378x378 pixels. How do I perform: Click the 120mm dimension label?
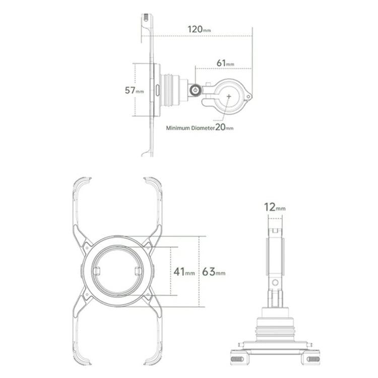coord(199,29)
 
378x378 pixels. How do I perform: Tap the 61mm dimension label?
coord(225,63)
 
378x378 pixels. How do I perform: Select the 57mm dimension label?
coord(134,90)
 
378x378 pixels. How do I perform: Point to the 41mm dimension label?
coord(184,272)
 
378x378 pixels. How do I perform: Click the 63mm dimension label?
coord(214,272)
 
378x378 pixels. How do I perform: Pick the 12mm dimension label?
coord(275,207)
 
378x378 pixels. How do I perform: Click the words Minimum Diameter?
coord(190,128)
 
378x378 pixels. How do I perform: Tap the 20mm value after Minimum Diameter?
coord(224,127)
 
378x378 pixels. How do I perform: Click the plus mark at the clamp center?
coord(228,96)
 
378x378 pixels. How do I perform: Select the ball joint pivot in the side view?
coord(195,91)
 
